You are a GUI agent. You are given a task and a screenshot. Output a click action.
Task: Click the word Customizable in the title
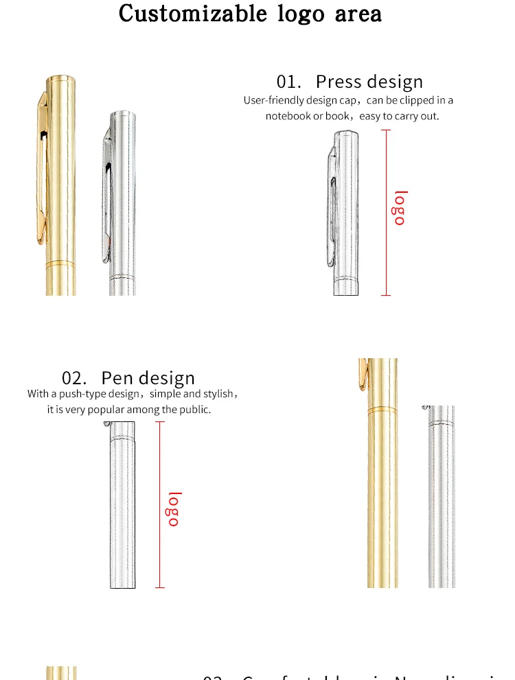pyautogui.click(x=194, y=14)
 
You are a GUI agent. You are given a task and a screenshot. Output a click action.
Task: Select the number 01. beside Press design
pyautogui.click(x=289, y=82)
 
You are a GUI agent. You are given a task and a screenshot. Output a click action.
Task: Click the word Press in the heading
pyautogui.click(x=339, y=82)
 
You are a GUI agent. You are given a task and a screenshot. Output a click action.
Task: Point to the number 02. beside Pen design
pyautogui.click(x=74, y=378)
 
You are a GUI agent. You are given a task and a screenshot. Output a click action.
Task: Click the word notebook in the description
pyautogui.click(x=288, y=116)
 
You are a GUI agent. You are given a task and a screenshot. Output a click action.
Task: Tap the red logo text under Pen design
pyautogui.click(x=174, y=509)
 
